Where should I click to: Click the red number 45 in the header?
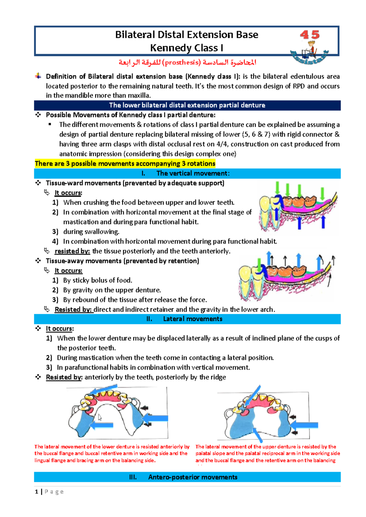[310, 34]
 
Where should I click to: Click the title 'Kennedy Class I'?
[187, 48]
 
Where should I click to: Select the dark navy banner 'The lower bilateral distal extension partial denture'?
[187, 105]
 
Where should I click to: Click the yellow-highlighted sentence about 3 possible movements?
[125, 164]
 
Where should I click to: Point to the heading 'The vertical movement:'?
[193, 173]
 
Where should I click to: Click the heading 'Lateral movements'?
[192, 319]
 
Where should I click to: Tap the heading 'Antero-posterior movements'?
[192, 477]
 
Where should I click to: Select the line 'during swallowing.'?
[91, 232]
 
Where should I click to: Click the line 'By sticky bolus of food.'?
[98, 280]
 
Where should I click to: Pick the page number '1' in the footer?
[37, 491]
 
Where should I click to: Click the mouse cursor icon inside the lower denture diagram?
[100, 417]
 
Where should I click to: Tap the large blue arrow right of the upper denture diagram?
[305, 425]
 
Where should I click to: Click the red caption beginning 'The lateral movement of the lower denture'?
[112, 453]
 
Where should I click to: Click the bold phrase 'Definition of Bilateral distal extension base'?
[114, 77]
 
